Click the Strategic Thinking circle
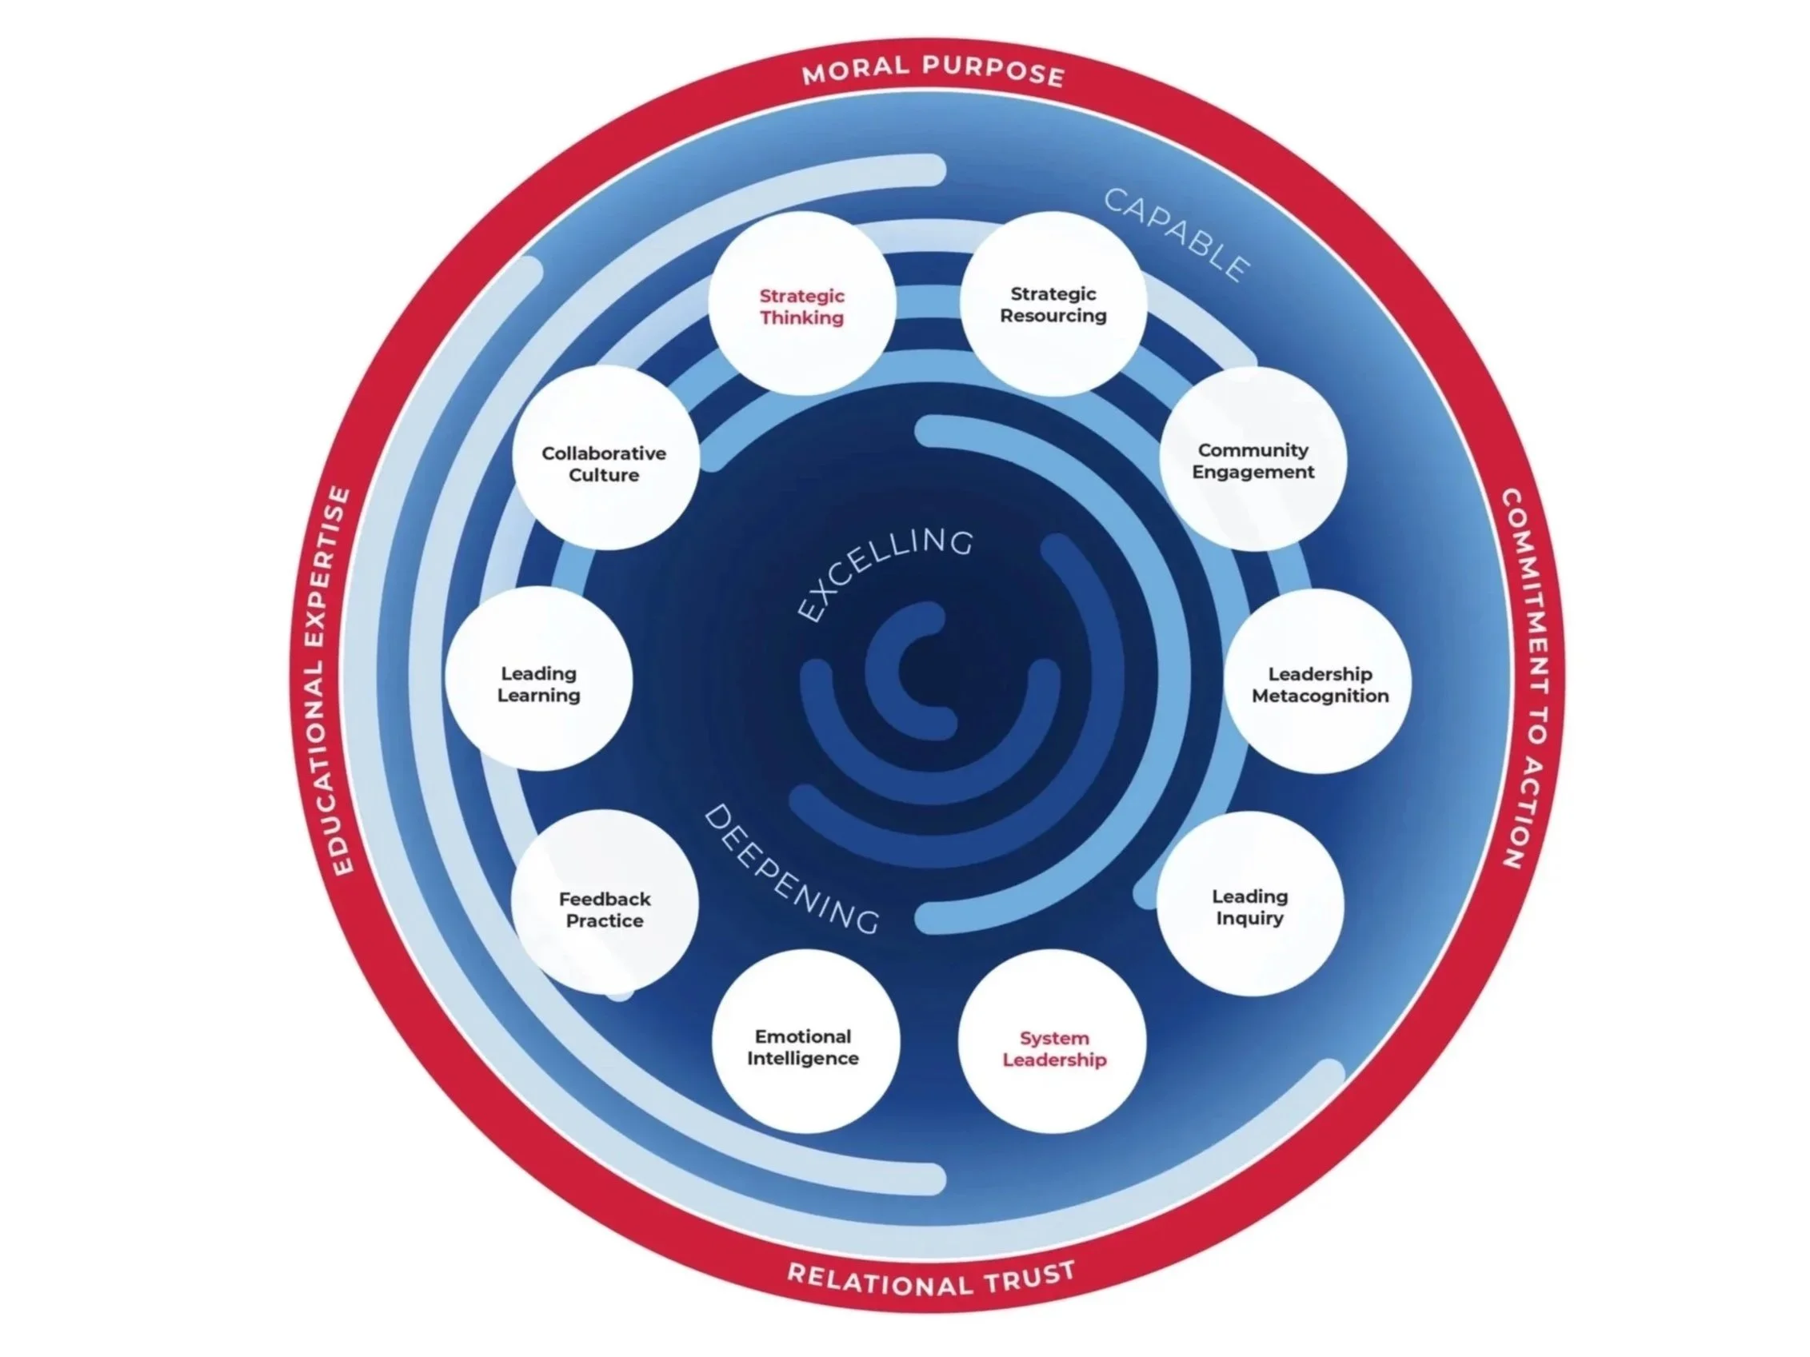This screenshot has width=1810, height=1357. [x=802, y=305]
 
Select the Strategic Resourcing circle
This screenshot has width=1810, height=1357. [x=1053, y=305]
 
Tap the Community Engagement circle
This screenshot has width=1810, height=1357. [x=1253, y=460]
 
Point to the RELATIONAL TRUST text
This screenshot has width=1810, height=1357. [x=931, y=1279]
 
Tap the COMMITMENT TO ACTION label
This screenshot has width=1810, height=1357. [x=1526, y=679]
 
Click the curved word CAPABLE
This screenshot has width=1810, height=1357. [x=1177, y=234]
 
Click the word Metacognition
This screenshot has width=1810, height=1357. [x=1320, y=696]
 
